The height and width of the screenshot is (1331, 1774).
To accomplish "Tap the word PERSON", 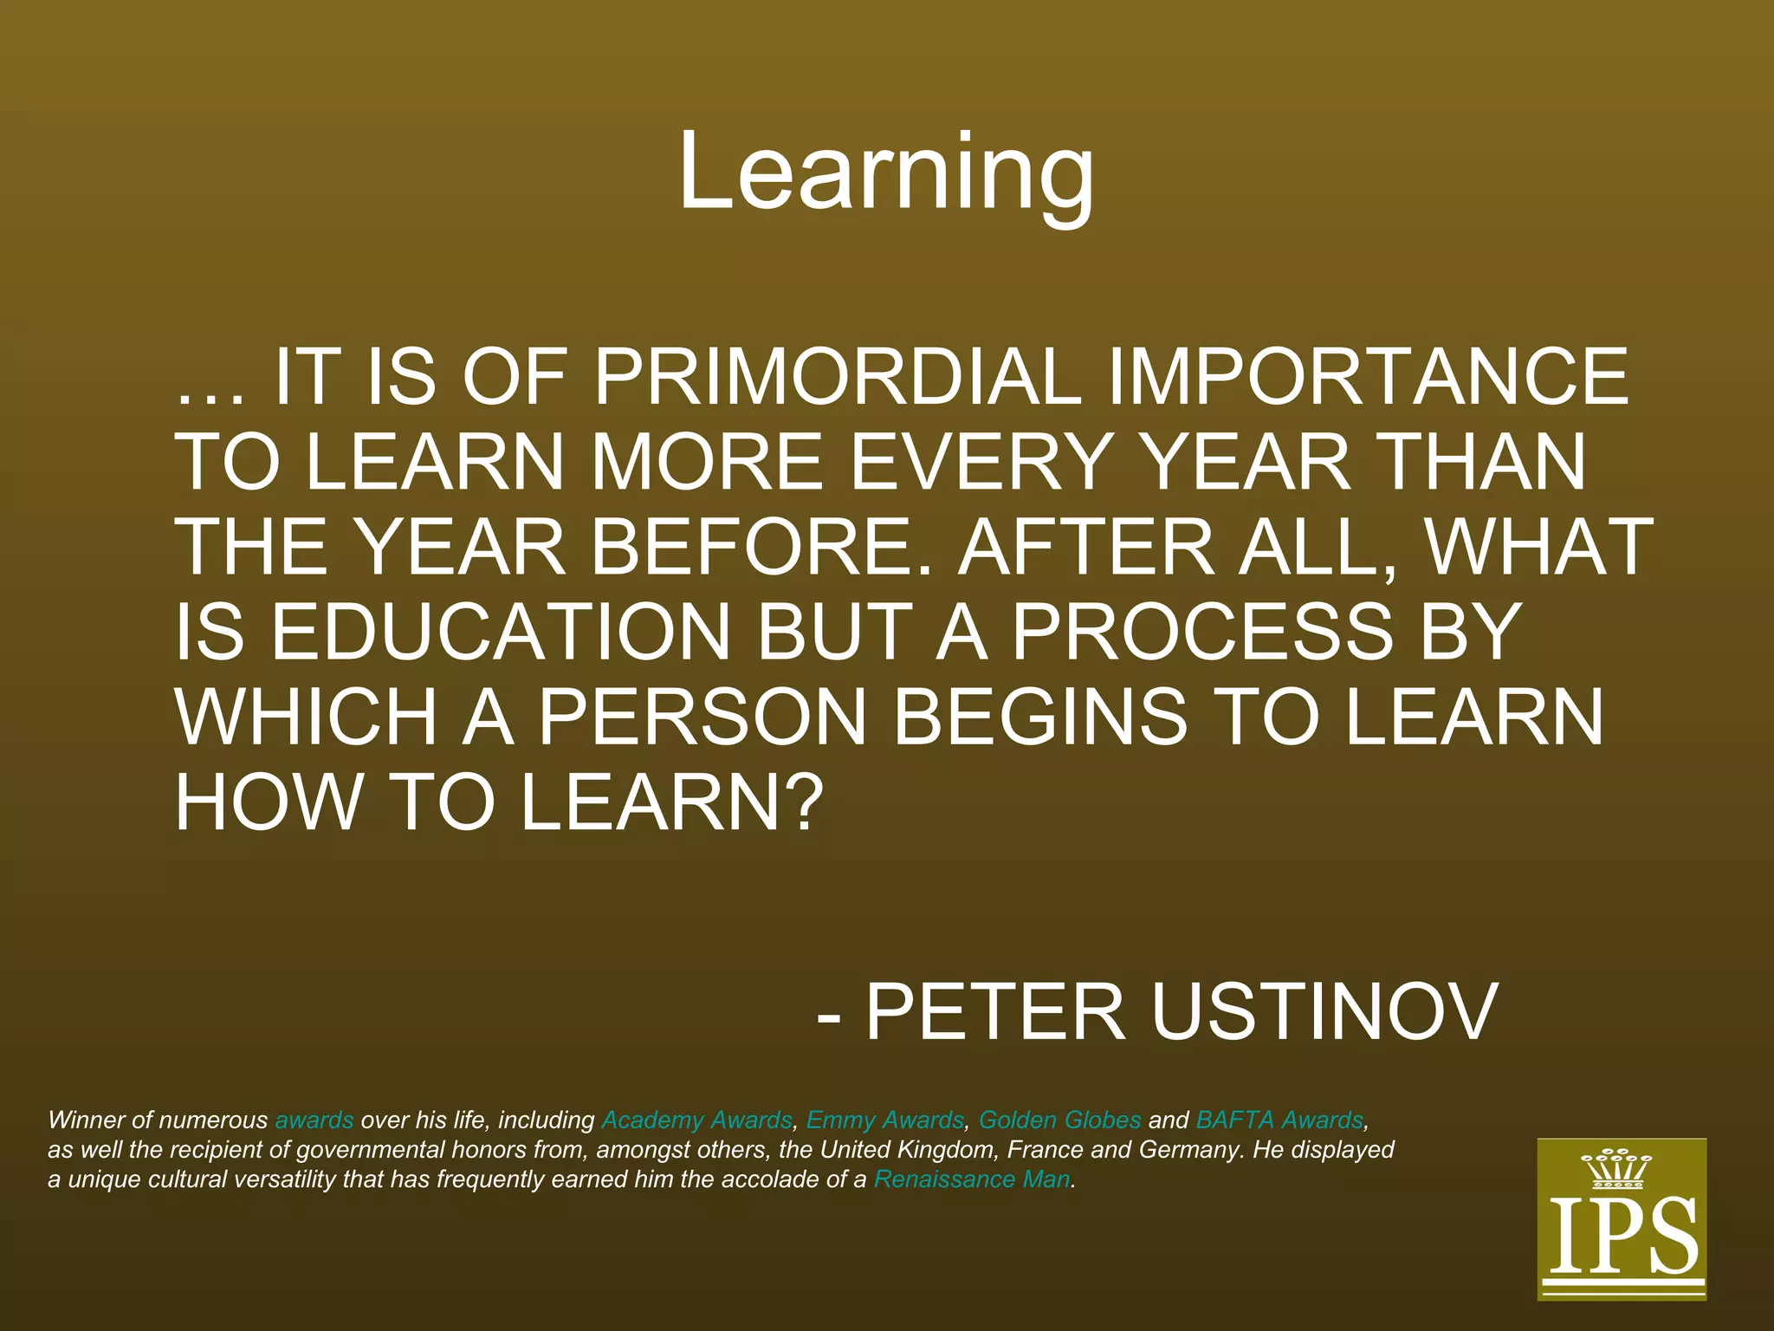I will pos(702,717).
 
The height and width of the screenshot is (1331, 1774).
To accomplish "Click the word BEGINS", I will pos(1039,717).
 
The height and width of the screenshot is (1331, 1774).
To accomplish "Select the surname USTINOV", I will pos(1324,1011).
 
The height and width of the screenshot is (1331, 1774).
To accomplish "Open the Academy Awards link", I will pos(696,1120).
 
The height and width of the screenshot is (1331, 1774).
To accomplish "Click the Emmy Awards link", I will pos(884,1120).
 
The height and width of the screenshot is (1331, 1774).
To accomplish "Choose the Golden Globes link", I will pos(1059,1120).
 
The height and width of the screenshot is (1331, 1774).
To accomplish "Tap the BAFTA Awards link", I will pos(1279,1120).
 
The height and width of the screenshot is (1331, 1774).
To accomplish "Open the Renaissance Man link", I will pos(972,1179).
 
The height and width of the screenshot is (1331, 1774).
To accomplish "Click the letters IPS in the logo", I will pos(1622,1237).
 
